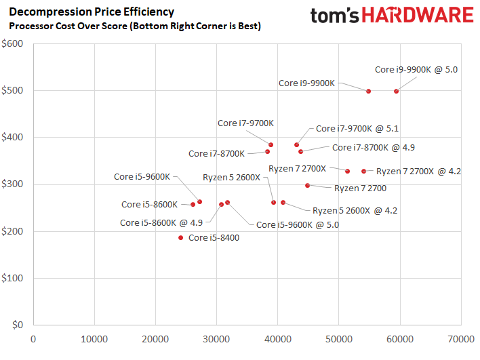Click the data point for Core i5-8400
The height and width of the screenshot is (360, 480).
(x=181, y=237)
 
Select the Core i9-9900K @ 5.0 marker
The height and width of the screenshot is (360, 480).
(x=397, y=91)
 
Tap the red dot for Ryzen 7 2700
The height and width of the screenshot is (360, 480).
(x=307, y=185)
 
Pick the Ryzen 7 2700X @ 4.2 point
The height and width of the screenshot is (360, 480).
(x=363, y=172)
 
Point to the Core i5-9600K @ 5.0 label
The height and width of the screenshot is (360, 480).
(x=298, y=224)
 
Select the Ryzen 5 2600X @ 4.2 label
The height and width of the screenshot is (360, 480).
(x=355, y=210)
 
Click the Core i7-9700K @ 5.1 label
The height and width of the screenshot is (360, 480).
(x=357, y=128)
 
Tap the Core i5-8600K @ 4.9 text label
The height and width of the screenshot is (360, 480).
(x=161, y=222)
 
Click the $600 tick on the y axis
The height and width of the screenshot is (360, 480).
(x=13, y=43)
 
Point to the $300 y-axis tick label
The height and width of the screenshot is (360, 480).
(x=13, y=184)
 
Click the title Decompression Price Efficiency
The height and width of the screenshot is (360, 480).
(x=91, y=12)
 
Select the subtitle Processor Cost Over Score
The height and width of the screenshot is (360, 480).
(x=134, y=26)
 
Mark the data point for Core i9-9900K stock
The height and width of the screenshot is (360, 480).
(x=368, y=91)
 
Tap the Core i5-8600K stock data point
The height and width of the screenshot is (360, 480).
(x=193, y=204)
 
